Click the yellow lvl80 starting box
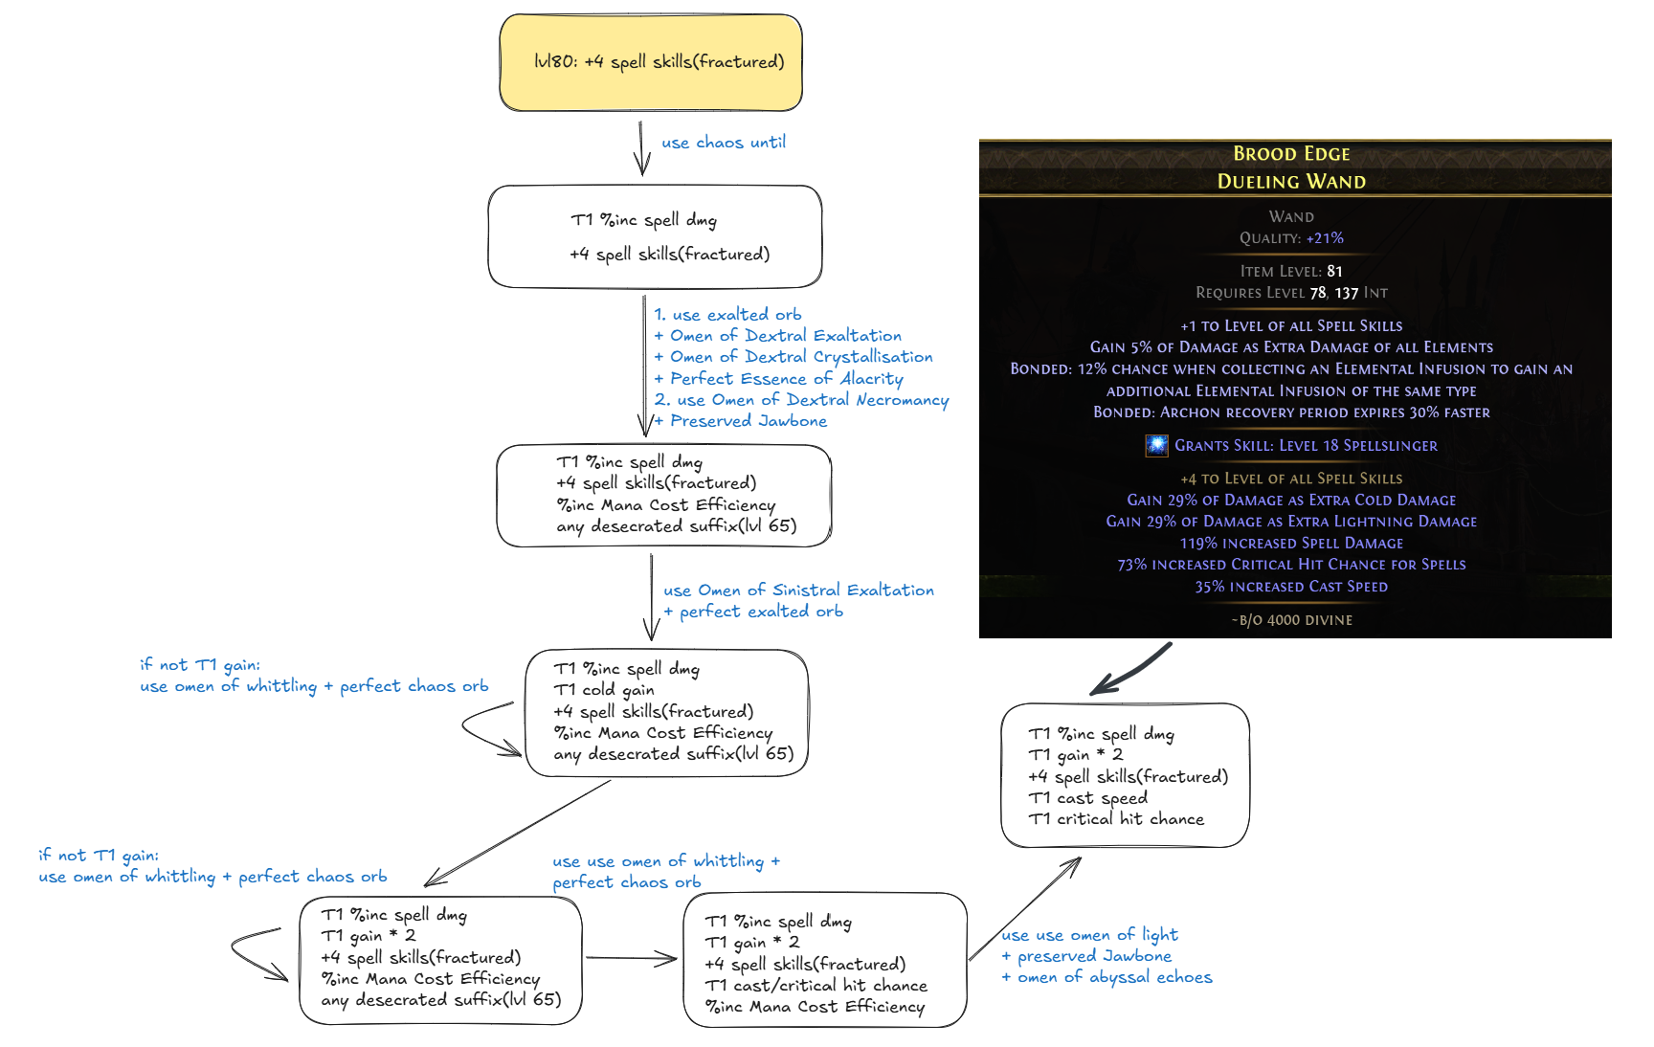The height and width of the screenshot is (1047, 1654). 651,62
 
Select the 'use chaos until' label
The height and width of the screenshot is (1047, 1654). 724,143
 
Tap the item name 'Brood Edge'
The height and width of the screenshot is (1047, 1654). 1291,154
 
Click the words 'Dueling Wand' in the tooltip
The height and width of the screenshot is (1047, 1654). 1291,182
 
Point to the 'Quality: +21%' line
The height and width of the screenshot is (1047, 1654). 1291,238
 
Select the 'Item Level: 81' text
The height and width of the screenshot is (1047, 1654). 1291,271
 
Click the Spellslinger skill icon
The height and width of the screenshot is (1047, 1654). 1156,445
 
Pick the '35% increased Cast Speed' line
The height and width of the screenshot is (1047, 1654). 1291,587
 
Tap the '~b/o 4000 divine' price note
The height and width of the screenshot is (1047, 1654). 1291,620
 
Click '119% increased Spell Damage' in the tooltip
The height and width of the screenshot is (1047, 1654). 1291,544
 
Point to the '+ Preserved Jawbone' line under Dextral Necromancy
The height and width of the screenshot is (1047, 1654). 742,421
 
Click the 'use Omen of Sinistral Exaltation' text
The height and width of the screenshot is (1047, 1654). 798,590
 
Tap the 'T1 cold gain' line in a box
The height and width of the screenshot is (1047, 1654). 604,690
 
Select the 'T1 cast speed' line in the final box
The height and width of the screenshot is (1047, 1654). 1087,798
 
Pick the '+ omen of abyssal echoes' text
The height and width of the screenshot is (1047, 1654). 1107,977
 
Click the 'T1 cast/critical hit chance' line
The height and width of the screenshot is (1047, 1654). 816,986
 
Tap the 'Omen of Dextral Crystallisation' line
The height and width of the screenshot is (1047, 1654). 794,357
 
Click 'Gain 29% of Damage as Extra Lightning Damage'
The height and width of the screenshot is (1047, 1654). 1291,522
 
